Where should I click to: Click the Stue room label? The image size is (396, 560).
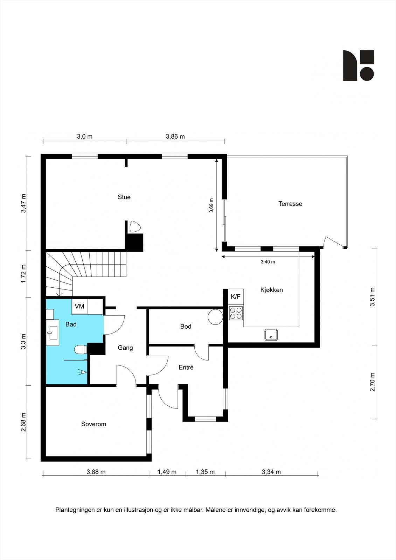(124, 197)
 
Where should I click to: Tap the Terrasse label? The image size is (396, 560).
(290, 204)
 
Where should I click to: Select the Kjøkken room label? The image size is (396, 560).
(271, 290)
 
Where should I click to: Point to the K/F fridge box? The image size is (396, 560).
(236, 296)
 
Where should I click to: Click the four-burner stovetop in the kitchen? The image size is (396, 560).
(236, 313)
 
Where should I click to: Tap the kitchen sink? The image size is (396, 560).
(271, 335)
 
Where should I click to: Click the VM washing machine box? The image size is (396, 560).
(79, 306)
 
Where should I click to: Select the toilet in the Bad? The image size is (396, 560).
(81, 350)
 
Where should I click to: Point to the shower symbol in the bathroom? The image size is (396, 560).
(82, 372)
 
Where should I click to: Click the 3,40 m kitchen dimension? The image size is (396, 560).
(268, 262)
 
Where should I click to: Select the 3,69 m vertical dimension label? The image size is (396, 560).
(211, 205)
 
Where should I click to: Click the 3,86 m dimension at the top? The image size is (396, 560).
(175, 136)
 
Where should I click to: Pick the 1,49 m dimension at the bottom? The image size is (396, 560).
(167, 472)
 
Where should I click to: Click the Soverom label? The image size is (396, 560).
(93, 424)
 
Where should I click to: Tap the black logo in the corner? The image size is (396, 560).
(359, 65)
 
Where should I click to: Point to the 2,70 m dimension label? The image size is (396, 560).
(373, 382)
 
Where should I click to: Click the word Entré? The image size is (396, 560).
(186, 367)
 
